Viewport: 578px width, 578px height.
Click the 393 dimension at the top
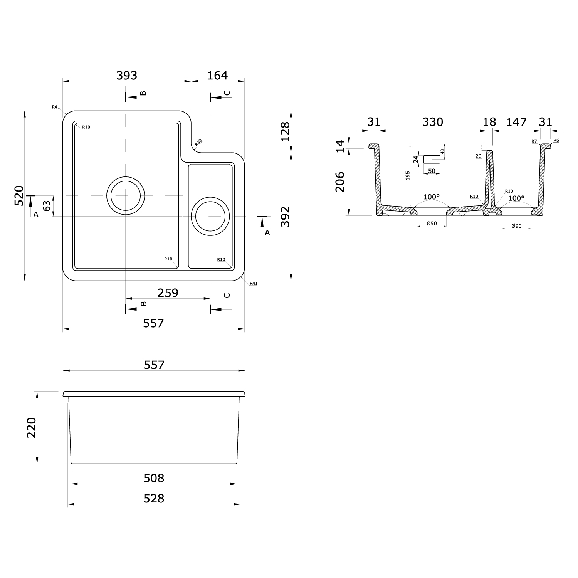tap(127, 76)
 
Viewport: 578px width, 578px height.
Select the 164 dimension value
tap(217, 76)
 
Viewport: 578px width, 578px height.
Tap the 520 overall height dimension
tap(19, 195)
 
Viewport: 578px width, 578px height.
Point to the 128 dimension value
tap(285, 132)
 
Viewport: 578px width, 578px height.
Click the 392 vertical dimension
tap(285, 217)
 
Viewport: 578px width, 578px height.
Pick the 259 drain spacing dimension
tap(168, 293)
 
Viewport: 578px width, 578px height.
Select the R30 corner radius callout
tap(198, 143)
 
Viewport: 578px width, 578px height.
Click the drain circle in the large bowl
tap(126, 196)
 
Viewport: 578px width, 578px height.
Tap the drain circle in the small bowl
tap(210, 216)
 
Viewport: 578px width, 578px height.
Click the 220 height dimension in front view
tap(31, 427)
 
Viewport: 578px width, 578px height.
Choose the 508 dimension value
tap(154, 478)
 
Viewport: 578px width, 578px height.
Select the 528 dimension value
tap(154, 499)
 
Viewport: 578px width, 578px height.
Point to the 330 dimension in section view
tap(432, 122)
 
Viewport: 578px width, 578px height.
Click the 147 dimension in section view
tap(516, 122)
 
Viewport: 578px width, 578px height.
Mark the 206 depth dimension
tap(340, 182)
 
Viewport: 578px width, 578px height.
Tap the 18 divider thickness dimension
tap(489, 122)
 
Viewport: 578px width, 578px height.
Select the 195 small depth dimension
tap(408, 176)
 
